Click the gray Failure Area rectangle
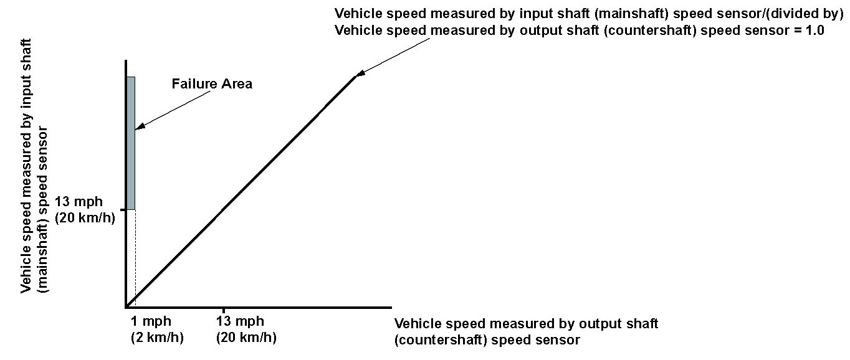(131, 143)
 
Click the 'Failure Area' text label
(212, 83)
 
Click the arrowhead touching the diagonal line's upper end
(360, 75)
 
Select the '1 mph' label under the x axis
(150, 321)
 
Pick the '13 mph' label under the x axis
(240, 321)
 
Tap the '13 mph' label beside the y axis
(79, 202)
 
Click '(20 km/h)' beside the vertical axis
(85, 218)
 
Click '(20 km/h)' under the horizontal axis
(246, 337)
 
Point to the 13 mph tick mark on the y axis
(123, 210)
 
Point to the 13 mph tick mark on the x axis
(223, 310)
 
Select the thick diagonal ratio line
(243, 190)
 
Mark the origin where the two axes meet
(127, 306)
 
